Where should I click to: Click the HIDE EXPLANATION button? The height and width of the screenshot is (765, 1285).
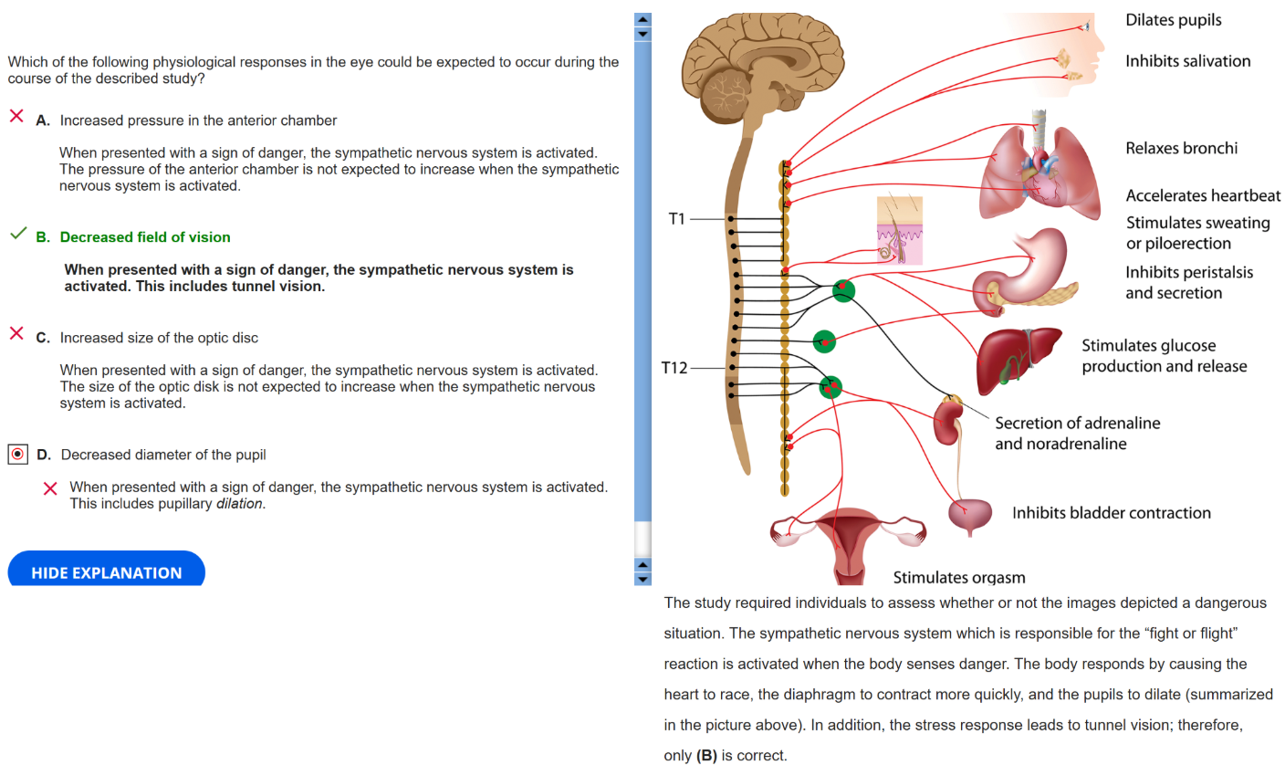click(x=106, y=572)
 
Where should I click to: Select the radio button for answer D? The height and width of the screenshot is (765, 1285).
click(x=17, y=454)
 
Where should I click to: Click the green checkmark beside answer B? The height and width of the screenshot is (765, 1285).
click(x=17, y=236)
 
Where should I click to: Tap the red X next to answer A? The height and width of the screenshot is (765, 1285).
click(x=16, y=117)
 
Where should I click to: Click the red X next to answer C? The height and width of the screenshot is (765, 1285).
click(x=16, y=334)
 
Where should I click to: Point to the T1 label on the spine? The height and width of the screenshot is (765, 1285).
click(x=676, y=219)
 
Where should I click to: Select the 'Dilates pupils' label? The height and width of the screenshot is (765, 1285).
click(x=1173, y=20)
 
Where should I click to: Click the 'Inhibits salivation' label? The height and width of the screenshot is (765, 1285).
click(x=1187, y=61)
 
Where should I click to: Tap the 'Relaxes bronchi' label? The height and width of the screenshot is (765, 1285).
click(x=1181, y=148)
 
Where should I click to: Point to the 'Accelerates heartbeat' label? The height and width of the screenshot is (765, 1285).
click(x=1203, y=195)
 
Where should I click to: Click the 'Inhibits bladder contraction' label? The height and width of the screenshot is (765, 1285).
click(x=1111, y=513)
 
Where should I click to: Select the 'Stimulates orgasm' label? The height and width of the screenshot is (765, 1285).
click(x=958, y=577)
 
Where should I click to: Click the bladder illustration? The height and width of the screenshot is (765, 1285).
click(x=969, y=517)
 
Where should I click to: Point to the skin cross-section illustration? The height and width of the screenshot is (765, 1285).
click(x=899, y=230)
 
